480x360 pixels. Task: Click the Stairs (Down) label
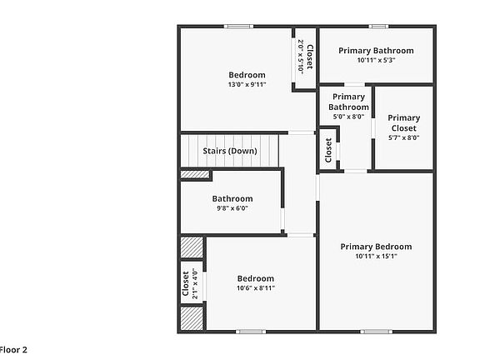pos(229,151)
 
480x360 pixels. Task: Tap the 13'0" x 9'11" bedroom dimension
pos(247,85)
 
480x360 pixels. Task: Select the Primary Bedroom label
pos(376,247)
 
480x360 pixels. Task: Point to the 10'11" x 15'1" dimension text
pos(376,257)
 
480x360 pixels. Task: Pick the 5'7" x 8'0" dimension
pos(403,138)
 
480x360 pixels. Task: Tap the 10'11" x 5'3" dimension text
pos(376,60)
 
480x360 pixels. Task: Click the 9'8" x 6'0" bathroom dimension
pos(232,209)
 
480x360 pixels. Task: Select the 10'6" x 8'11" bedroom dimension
pos(255,288)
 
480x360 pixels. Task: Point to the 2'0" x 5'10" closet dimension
pos(300,56)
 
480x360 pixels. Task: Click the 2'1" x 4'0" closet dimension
pos(195,283)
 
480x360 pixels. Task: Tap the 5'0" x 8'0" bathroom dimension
pos(348,117)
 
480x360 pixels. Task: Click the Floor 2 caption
pos(13,349)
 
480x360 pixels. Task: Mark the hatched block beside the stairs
pos(195,174)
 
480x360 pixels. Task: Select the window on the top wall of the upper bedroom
pos(238,27)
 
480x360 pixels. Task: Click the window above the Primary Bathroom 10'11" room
pos(378,27)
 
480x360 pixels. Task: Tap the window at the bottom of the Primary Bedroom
pos(376,332)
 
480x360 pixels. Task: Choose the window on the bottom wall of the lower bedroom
pos(250,332)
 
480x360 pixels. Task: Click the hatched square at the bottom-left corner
pos(192,318)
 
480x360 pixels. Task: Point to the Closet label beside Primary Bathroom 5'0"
pos(328,150)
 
